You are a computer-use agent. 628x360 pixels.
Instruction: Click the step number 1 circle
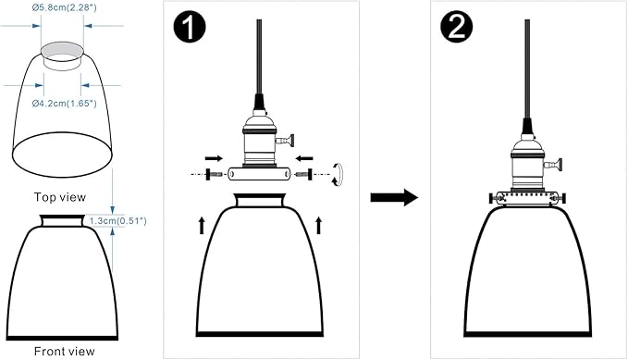pos(190,27)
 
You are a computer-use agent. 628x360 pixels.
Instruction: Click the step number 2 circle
pos(457,27)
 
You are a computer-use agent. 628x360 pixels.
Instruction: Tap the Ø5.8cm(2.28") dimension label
pos(65,7)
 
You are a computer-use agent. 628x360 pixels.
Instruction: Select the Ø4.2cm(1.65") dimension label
pos(65,104)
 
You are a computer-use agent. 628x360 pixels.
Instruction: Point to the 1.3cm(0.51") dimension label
pos(117,220)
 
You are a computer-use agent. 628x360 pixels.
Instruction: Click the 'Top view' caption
pos(60,197)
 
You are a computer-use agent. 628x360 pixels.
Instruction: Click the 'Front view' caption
pos(65,351)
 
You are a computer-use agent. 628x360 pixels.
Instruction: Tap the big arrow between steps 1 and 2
pos(394,197)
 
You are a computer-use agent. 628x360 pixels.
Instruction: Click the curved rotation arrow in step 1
pos(339,174)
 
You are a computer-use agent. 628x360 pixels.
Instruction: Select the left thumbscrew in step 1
pos(214,174)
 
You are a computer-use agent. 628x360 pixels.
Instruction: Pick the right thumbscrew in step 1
pos(304,174)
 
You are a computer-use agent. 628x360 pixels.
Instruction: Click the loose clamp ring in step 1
pos(259,174)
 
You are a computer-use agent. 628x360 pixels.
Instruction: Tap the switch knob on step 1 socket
pos(286,141)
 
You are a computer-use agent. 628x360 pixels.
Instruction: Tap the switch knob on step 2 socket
pos(554,165)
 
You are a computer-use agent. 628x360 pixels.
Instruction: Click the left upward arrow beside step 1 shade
pos(202,225)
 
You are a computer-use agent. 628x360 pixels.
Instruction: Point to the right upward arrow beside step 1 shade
pos(319,225)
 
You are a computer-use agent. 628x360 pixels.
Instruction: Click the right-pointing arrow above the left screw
pos(214,158)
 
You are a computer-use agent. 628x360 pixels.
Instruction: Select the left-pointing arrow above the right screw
pos(305,158)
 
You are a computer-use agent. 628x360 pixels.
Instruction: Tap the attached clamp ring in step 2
pos(527,198)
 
